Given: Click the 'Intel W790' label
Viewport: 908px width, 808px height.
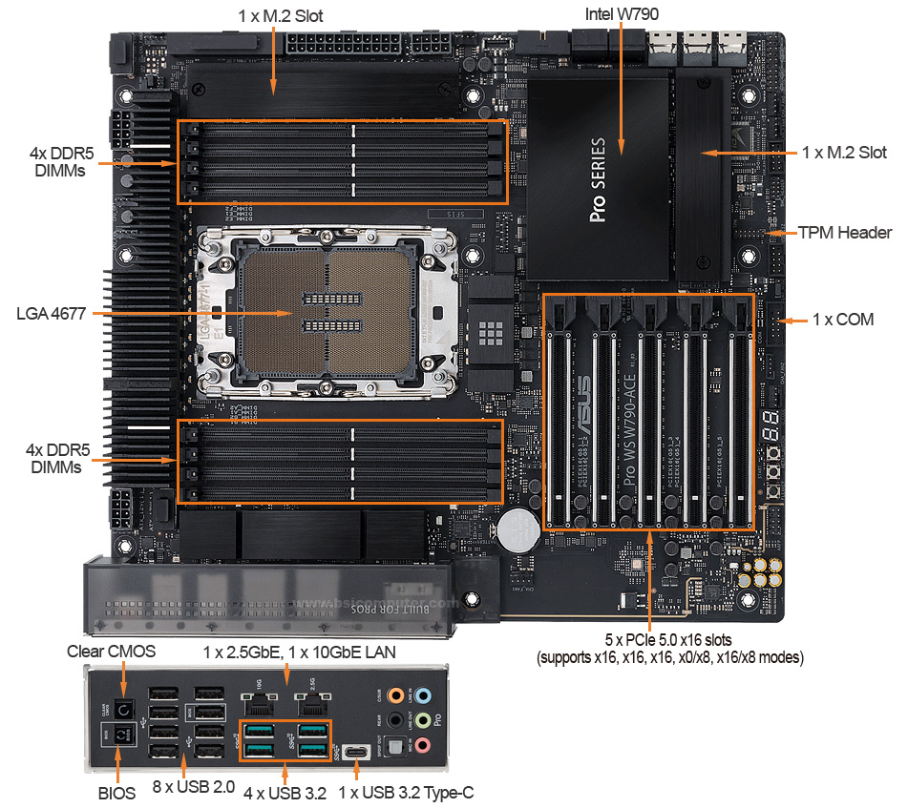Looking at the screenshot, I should coord(621,15).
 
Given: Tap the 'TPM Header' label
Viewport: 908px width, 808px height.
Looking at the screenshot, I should coord(844,233).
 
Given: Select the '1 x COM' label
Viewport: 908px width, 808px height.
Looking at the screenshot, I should coord(842,320).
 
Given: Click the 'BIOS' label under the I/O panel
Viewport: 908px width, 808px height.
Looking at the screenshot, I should coord(116,792).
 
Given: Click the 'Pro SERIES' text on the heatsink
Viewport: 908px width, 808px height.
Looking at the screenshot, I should coord(599,180).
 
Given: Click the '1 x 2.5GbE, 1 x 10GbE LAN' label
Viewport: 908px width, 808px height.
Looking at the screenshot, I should coord(301,651).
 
